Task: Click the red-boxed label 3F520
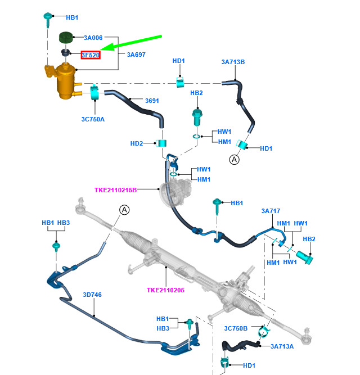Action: pyautogui.click(x=91, y=55)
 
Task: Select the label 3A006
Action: pyautogui.click(x=93, y=38)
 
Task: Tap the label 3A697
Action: pyautogui.click(x=136, y=55)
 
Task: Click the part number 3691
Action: pyautogui.click(x=152, y=101)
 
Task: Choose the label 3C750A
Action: pyautogui.click(x=92, y=119)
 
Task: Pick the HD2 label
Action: pyautogui.click(x=137, y=143)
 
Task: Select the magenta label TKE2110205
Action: pyautogui.click(x=165, y=290)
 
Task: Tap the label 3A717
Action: pyautogui.click(x=271, y=211)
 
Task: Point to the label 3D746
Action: pyautogui.click(x=92, y=294)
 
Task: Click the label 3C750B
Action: pyautogui.click(x=236, y=328)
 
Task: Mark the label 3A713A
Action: pyautogui.click(x=282, y=346)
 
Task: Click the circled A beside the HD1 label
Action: pyautogui.click(x=233, y=160)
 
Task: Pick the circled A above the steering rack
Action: pyautogui.click(x=124, y=210)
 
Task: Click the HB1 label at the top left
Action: pyautogui.click(x=72, y=17)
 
